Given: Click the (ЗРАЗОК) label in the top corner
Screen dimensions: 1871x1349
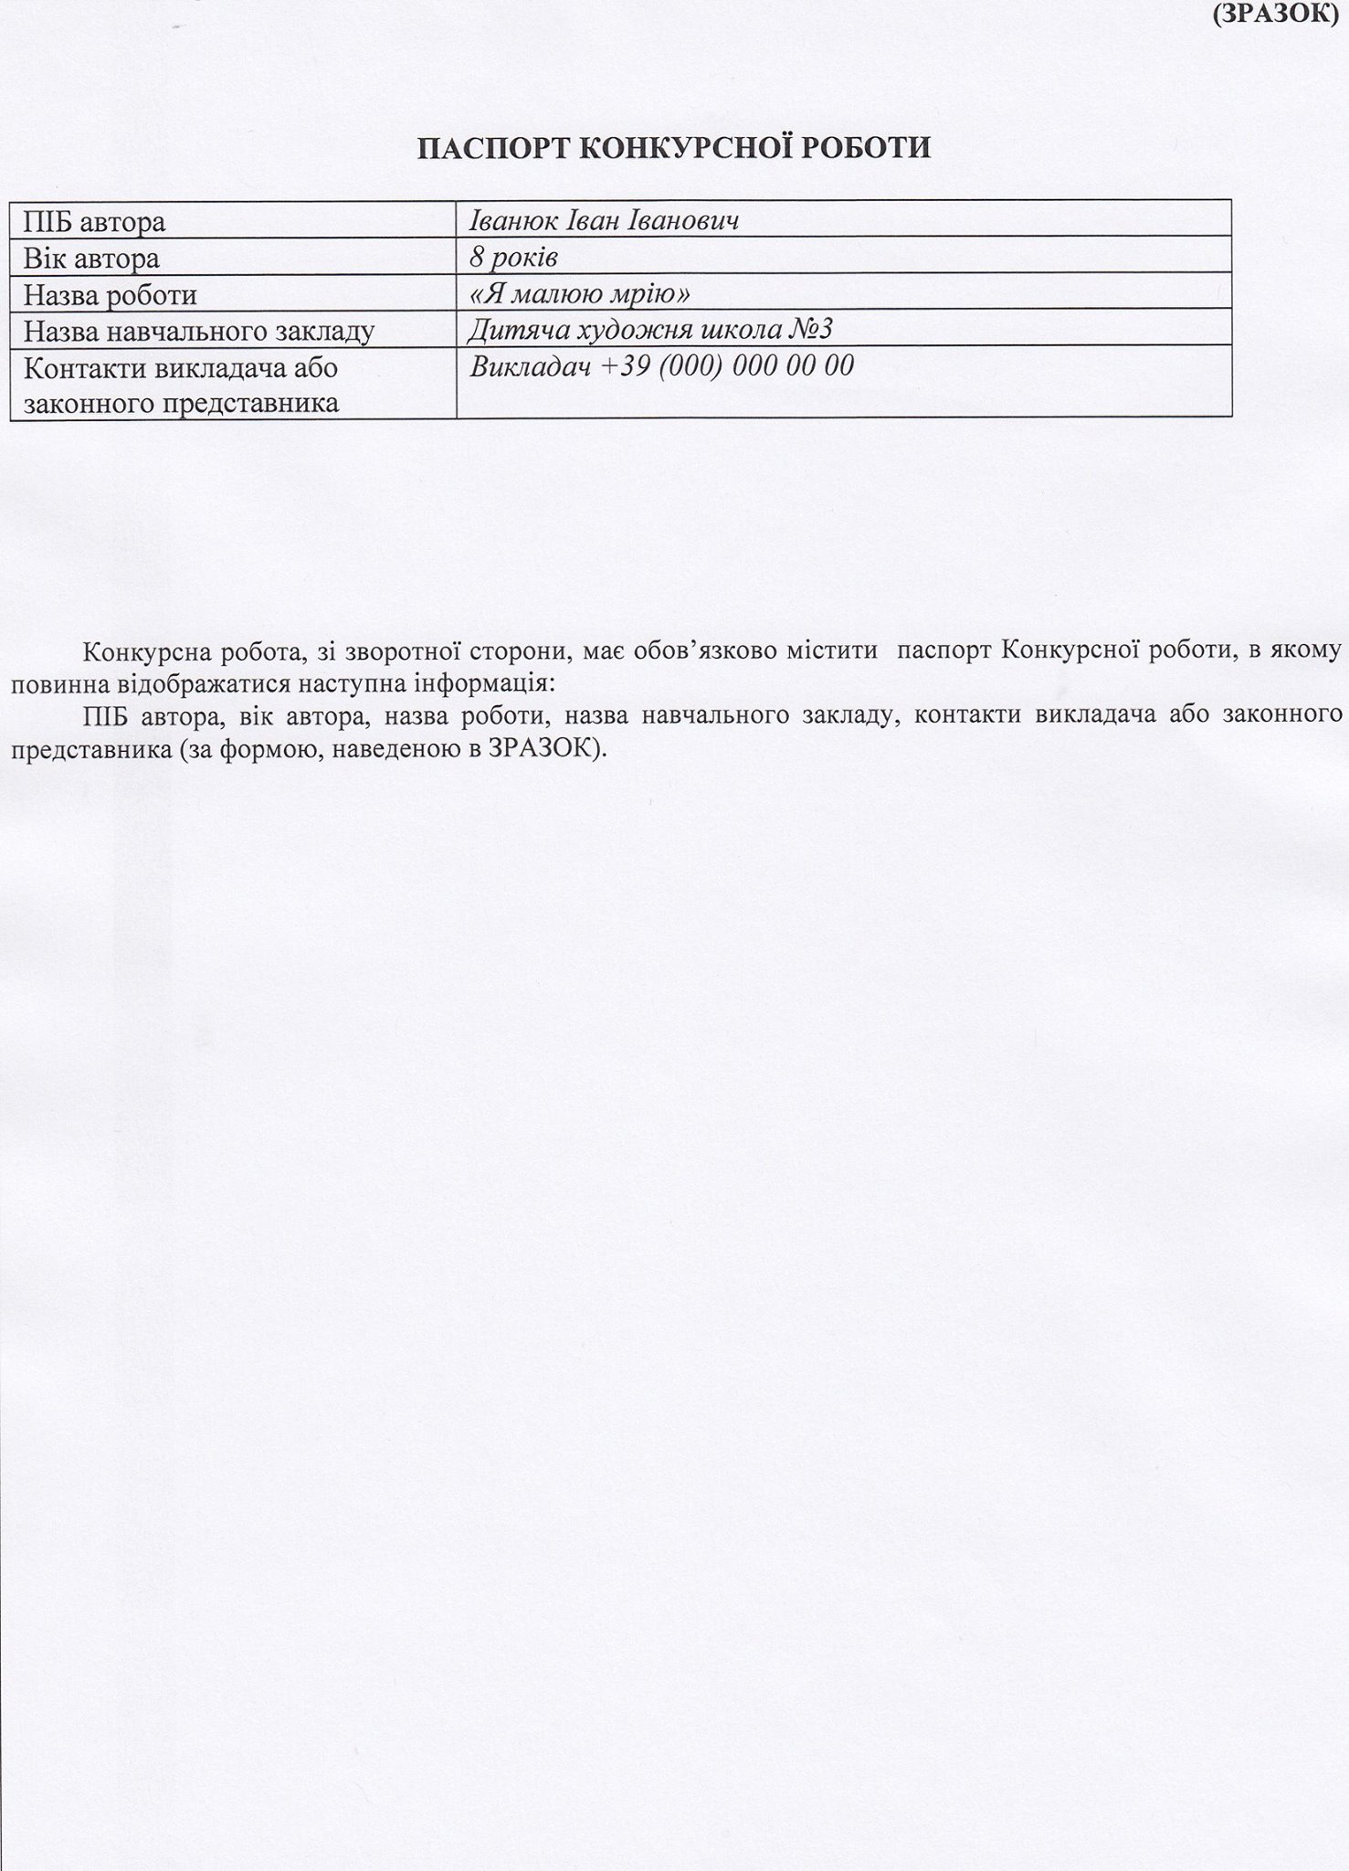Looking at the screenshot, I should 1279,14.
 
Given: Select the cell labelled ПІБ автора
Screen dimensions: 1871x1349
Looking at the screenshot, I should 95,222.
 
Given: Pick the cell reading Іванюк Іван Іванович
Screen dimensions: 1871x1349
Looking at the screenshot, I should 604,221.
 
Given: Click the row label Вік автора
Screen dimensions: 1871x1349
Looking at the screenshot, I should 91,259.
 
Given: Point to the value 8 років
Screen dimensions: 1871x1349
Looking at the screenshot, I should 513,258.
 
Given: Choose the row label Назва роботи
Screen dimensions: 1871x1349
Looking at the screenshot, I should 110,295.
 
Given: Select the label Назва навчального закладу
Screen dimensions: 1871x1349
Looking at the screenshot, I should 199,331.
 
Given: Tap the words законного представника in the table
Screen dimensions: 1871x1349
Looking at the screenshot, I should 181,403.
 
